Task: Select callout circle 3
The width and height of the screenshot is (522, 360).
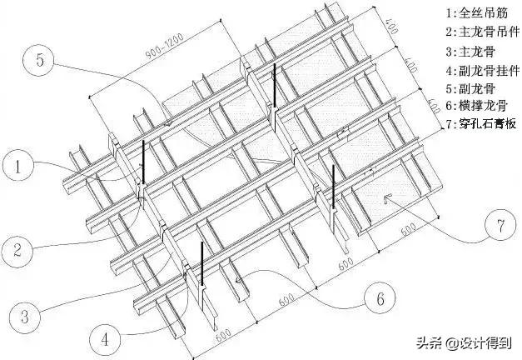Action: coord(26,316)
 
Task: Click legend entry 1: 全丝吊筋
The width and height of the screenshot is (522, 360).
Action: coord(475,15)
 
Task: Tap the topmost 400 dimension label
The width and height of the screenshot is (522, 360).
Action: coord(392,23)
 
